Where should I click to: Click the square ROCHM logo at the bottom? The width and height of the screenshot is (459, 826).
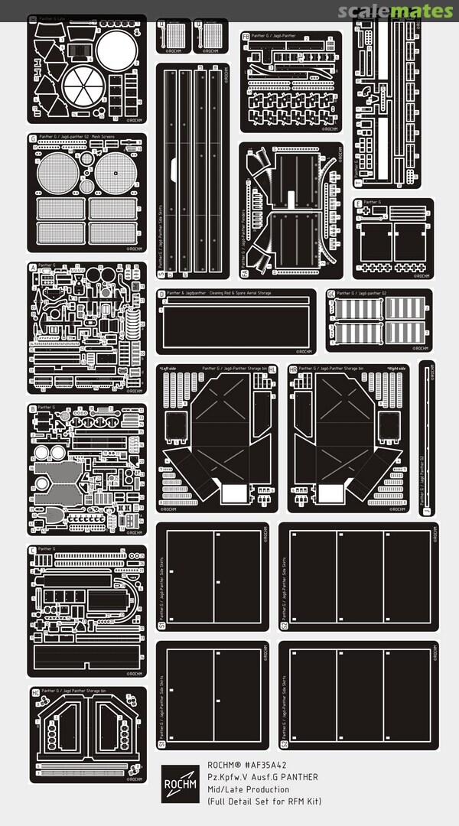(180, 783)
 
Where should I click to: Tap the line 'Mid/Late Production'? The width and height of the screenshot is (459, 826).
(249, 789)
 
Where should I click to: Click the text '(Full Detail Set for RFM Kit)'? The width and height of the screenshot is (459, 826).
(265, 801)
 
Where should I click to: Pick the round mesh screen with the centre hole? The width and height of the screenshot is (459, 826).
(113, 173)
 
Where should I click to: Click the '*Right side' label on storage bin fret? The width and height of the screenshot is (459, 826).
(397, 368)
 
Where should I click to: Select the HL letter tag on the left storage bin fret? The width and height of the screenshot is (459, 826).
(272, 369)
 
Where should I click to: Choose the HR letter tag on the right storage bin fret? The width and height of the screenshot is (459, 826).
(293, 369)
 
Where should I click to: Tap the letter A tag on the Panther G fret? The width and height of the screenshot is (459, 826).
(33, 266)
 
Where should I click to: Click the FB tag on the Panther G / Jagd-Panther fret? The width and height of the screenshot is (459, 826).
(246, 36)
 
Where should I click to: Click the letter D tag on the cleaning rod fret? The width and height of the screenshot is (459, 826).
(161, 294)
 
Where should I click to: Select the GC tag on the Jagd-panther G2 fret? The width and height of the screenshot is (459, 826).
(330, 294)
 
